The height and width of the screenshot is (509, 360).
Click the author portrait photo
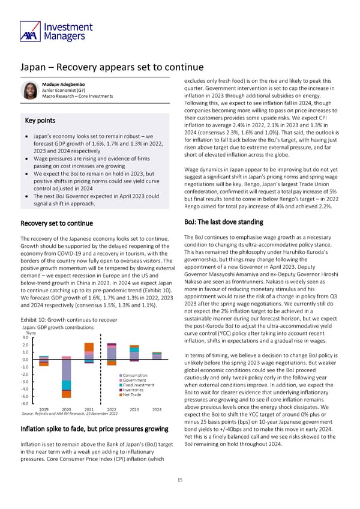(29, 90)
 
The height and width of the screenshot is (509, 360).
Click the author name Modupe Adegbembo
(64, 85)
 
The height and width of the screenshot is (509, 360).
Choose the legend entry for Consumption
(137, 375)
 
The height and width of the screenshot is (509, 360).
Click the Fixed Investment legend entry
(140, 385)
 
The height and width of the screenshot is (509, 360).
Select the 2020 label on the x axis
(65, 410)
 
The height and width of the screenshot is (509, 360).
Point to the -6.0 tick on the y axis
(25, 404)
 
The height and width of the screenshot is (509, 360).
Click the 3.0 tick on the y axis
(25, 337)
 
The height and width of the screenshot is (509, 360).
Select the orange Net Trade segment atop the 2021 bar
(88, 347)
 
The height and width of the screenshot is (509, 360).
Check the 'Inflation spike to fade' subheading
(94, 429)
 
